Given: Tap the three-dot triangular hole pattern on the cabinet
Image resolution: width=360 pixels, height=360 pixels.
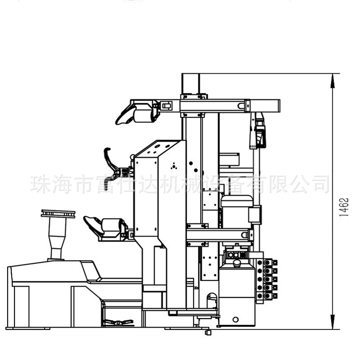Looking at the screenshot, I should pyautogui.click(x=171, y=166).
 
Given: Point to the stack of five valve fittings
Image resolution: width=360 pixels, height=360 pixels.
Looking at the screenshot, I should pyautogui.click(x=270, y=279).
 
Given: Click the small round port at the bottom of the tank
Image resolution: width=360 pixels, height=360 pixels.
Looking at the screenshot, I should pyautogui.click(x=235, y=319).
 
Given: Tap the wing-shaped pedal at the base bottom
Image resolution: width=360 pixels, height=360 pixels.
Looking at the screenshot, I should pyautogui.click(x=118, y=322).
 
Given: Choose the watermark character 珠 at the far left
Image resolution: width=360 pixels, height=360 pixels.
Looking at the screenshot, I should pyautogui.click(x=40, y=184).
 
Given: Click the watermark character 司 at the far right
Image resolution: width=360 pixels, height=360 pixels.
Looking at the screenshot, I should pyautogui.click(x=320, y=184).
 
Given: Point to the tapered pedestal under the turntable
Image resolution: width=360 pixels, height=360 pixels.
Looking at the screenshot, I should pyautogui.click(x=56, y=241).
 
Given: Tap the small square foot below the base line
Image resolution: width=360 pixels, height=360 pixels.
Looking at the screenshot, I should pyautogui.click(x=207, y=333).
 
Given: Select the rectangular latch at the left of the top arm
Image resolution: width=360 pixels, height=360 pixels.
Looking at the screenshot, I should pyautogui.click(x=167, y=106).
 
